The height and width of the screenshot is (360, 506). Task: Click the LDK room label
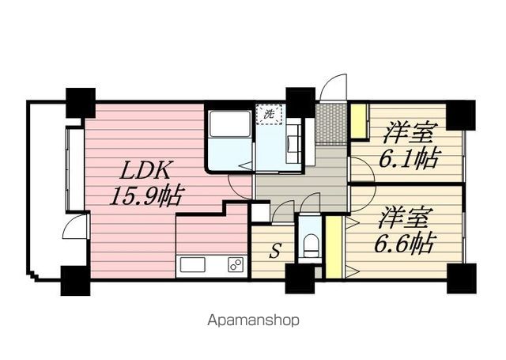(145, 170)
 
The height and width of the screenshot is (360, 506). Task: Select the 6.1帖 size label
(410, 158)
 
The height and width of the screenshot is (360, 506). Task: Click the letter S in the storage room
(274, 251)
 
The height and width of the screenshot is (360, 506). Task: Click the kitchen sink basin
(192, 265)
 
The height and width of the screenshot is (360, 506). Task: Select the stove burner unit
(236, 265)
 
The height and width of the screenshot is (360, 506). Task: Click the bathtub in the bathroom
(230, 123)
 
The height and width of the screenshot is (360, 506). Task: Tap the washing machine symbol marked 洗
(269, 114)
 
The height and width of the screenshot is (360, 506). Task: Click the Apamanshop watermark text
(253, 320)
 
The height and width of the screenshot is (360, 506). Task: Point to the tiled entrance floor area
(331, 123)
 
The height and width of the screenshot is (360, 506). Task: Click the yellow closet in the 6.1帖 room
(359, 121)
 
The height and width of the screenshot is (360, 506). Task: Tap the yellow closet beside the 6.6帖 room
(334, 247)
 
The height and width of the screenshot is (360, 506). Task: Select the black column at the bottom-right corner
(462, 278)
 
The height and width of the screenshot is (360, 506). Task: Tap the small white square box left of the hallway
(260, 214)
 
